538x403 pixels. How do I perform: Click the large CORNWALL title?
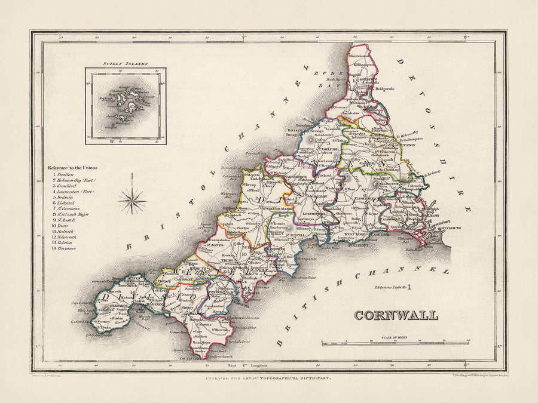[x=396, y=315]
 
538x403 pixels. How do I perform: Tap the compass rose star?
[x=132, y=201]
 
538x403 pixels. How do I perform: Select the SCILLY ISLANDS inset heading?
[x=125, y=63]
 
